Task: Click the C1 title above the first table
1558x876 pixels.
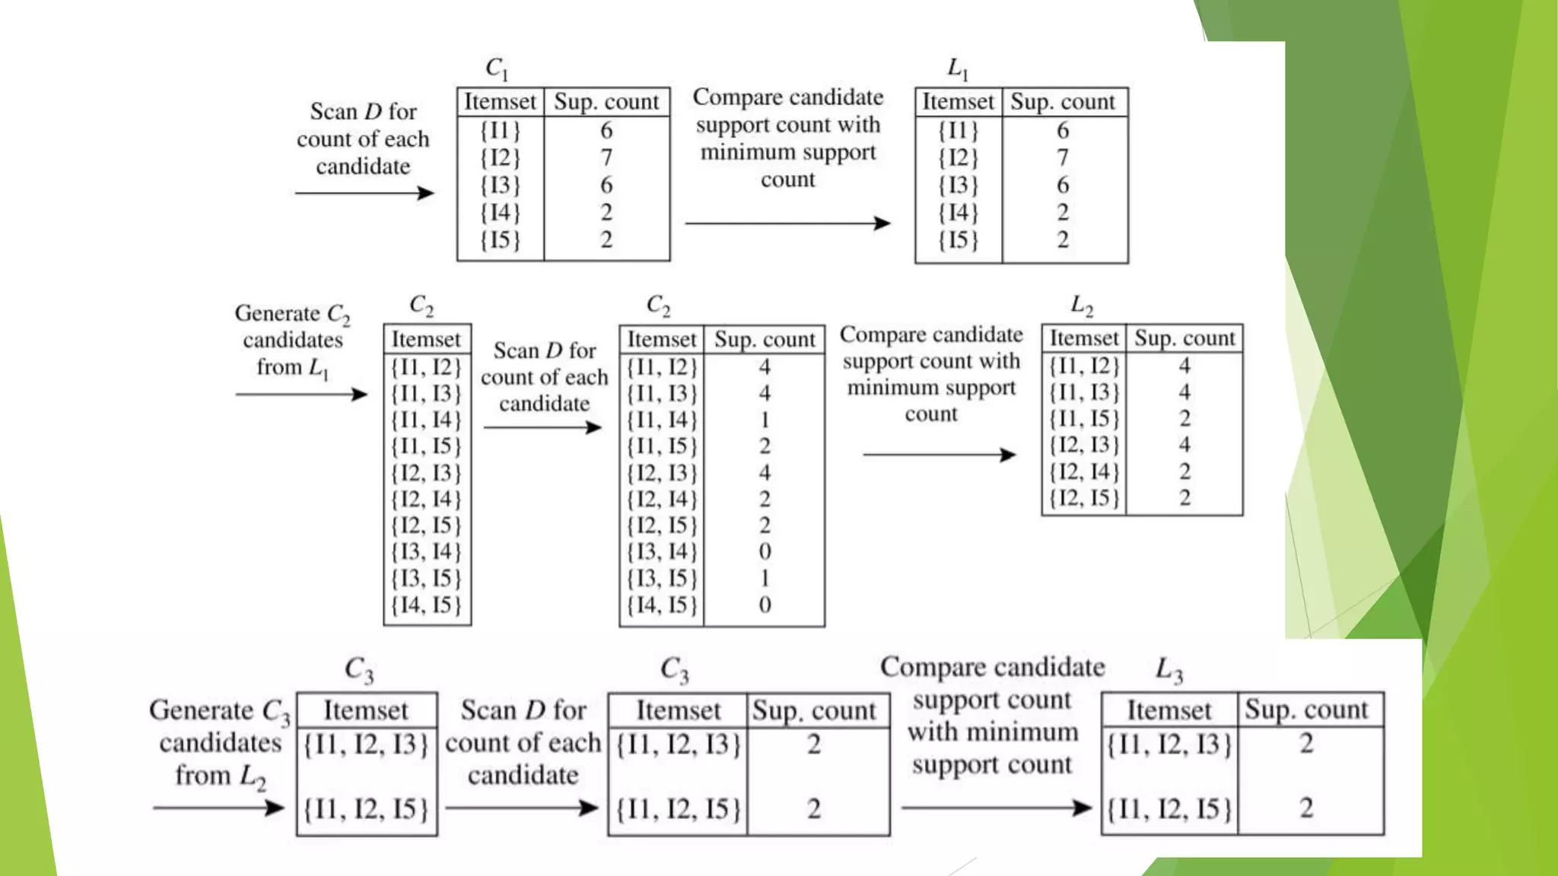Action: click(496, 68)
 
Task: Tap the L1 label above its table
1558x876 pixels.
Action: click(957, 69)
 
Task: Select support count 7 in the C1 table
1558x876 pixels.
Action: click(606, 157)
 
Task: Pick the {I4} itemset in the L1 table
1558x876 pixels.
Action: click(958, 212)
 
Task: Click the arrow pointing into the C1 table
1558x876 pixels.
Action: click(364, 193)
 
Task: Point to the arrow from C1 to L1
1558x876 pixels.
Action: click(787, 223)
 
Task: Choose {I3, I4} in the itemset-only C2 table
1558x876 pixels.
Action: click(426, 551)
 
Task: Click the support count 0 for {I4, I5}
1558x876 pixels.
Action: click(765, 605)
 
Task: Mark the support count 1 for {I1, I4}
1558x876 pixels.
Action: click(765, 419)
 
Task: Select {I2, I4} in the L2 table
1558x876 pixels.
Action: click(1084, 471)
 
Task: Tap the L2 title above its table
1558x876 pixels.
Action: click(1081, 306)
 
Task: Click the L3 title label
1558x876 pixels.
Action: click(1168, 670)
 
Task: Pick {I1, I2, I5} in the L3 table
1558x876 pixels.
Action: click(1168, 808)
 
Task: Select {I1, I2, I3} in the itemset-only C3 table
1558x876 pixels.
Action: click(366, 744)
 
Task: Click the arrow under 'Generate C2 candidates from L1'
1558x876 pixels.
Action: click(301, 394)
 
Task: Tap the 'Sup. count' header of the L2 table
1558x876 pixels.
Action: click(1184, 338)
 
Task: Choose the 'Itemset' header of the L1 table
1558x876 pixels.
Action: click(958, 101)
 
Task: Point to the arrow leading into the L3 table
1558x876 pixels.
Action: click(997, 808)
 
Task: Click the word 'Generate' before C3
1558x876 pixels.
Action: click(201, 710)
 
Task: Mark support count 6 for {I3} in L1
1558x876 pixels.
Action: click(1063, 185)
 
